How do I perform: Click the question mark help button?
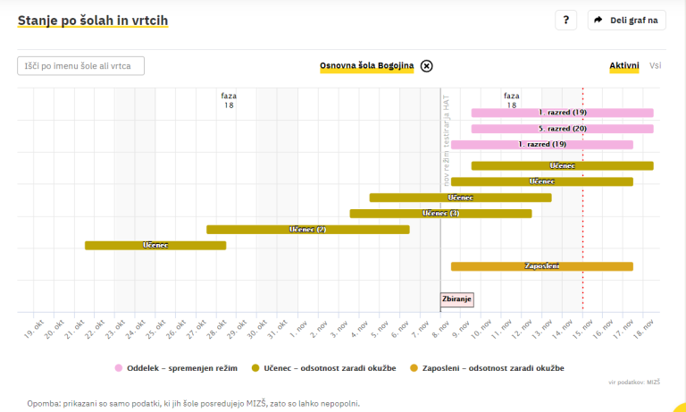click(565, 21)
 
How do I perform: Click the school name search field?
click(80, 65)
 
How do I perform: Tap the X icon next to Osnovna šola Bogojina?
click(427, 65)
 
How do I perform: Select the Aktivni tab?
click(623, 65)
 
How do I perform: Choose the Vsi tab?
click(656, 65)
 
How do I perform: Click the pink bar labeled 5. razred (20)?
click(562, 129)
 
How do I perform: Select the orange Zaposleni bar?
click(541, 266)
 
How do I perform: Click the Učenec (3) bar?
click(440, 214)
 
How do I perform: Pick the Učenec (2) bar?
click(307, 230)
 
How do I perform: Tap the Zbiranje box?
click(456, 299)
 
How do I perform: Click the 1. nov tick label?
click(300, 329)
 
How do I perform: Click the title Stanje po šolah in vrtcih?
click(92, 20)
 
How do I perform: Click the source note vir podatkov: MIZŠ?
click(634, 383)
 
